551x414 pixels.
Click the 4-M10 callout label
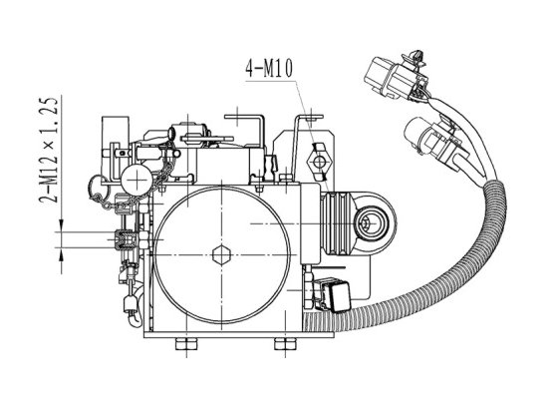click(x=269, y=68)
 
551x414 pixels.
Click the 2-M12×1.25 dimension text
click(x=49, y=151)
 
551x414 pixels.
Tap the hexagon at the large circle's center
click(x=221, y=255)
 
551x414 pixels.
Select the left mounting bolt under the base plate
click(x=186, y=344)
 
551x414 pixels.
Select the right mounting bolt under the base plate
click(x=285, y=344)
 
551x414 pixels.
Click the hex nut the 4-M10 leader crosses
click(x=319, y=162)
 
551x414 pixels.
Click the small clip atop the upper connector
click(x=416, y=57)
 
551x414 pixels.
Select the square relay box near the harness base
click(x=333, y=294)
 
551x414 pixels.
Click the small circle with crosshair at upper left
click(x=137, y=181)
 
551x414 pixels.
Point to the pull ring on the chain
click(x=98, y=188)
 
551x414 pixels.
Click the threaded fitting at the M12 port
click(x=126, y=239)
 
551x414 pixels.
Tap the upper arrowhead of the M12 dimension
click(x=62, y=225)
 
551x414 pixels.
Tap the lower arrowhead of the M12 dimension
click(x=62, y=254)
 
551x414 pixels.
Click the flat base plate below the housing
click(x=239, y=334)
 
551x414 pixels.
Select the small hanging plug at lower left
click(x=130, y=303)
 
